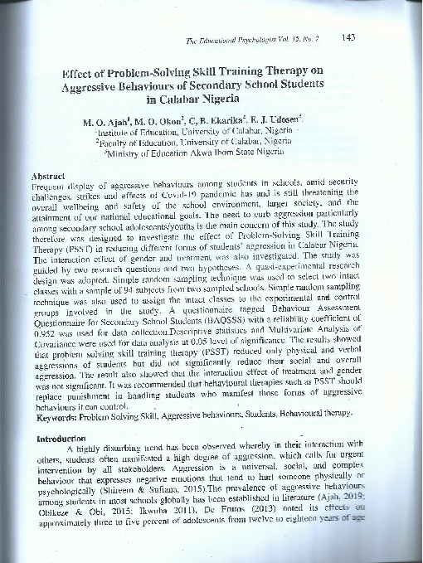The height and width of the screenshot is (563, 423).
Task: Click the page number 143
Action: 348,36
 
